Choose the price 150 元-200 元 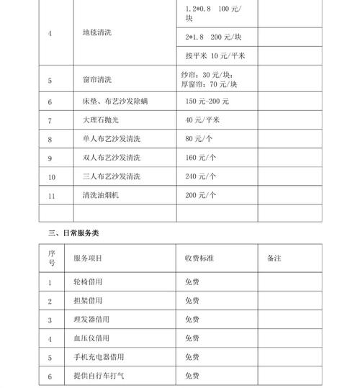(x=207, y=102)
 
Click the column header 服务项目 (x=88, y=258)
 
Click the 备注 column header (x=274, y=258)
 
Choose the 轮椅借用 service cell (x=88, y=282)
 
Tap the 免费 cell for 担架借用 (x=192, y=301)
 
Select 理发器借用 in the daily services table (x=92, y=320)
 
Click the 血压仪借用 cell (x=92, y=338)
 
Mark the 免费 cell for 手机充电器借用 (x=192, y=357)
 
